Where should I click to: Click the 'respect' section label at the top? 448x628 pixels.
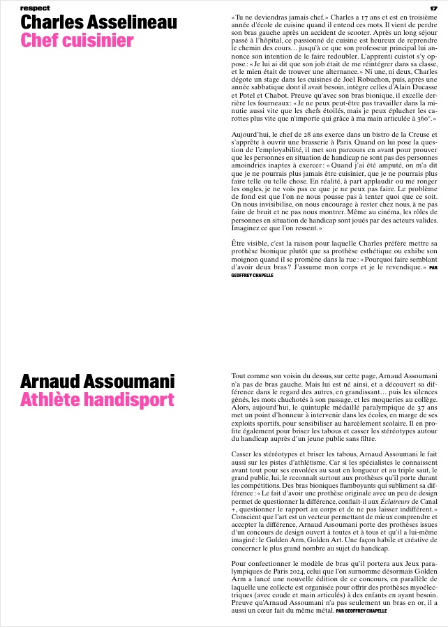coord(36,8)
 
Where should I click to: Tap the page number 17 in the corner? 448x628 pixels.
coord(433,8)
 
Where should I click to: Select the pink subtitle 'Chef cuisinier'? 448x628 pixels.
coord(77,41)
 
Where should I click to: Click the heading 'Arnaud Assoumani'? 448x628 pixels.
coord(98,382)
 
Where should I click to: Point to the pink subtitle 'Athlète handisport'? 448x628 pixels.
coord(97,400)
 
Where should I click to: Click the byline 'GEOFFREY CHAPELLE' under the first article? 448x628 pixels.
coord(255,276)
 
